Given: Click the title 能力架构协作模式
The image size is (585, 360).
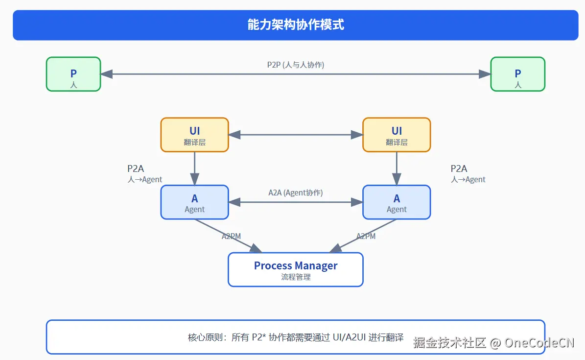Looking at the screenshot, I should pyautogui.click(x=296, y=25).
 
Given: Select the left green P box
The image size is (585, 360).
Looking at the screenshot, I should pyautogui.click(x=73, y=74).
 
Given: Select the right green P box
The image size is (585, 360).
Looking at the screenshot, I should pyautogui.click(x=517, y=74).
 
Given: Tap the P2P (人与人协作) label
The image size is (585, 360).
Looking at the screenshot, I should pyautogui.click(x=296, y=65).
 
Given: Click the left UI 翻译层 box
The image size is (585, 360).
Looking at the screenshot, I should pyautogui.click(x=194, y=135).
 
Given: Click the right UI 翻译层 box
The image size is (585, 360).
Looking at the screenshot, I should pyautogui.click(x=397, y=135).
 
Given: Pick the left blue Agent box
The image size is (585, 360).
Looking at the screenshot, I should pyautogui.click(x=194, y=202).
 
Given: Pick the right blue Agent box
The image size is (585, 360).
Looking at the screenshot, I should pyautogui.click(x=397, y=202).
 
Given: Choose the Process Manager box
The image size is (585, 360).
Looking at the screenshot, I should pyautogui.click(x=296, y=269).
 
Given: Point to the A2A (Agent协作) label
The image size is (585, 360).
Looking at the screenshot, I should pyautogui.click(x=296, y=192).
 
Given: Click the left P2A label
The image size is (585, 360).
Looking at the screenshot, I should pyautogui.click(x=136, y=169).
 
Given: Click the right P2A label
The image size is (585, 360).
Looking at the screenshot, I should pyautogui.click(x=459, y=169).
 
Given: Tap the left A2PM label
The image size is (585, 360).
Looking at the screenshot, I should pyautogui.click(x=231, y=236).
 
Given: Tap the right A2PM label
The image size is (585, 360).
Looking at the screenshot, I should pyautogui.click(x=366, y=236).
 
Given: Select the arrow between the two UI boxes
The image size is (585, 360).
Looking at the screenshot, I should pyautogui.click(x=296, y=135).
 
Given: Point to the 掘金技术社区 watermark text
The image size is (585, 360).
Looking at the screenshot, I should pyautogui.click(x=449, y=342).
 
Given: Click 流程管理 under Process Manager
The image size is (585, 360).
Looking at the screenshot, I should pyautogui.click(x=296, y=277).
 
